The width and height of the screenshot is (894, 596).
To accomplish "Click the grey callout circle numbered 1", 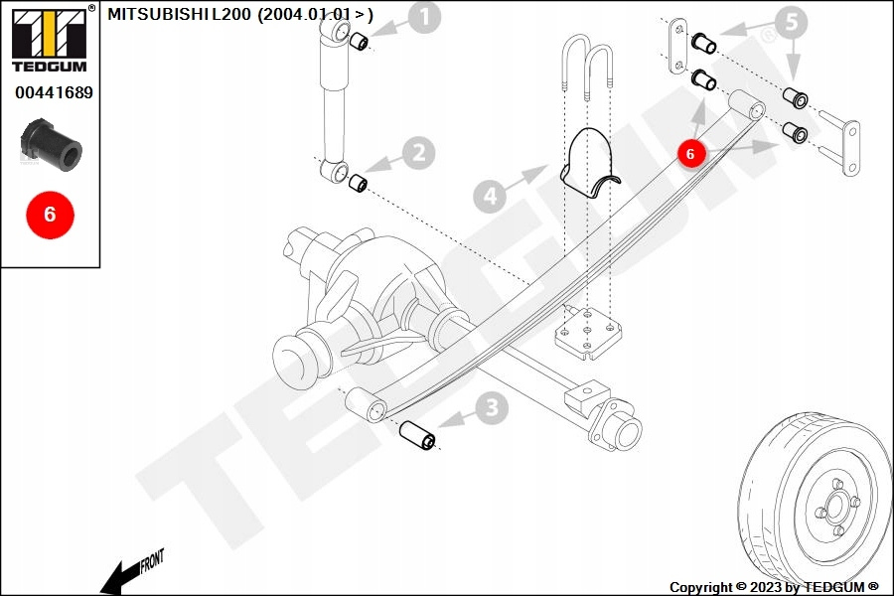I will point(424,17).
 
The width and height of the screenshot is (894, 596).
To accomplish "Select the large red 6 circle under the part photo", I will point(50,214).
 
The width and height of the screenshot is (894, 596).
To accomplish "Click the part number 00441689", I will point(54,92).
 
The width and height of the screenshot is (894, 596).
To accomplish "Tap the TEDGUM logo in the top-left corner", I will point(49,38).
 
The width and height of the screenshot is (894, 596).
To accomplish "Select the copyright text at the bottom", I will point(775,587).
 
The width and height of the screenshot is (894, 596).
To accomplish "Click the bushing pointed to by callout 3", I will point(418,435).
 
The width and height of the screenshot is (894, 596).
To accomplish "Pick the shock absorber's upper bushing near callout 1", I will point(360,41).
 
